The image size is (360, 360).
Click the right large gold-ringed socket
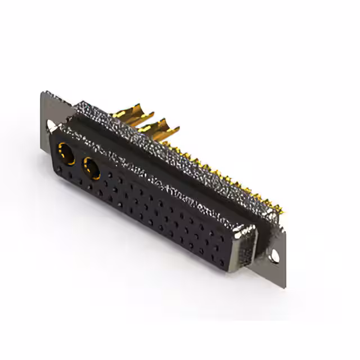click(x=91, y=167)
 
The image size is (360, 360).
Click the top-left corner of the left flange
click(x=43, y=93)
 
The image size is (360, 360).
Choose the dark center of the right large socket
click(x=91, y=168)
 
